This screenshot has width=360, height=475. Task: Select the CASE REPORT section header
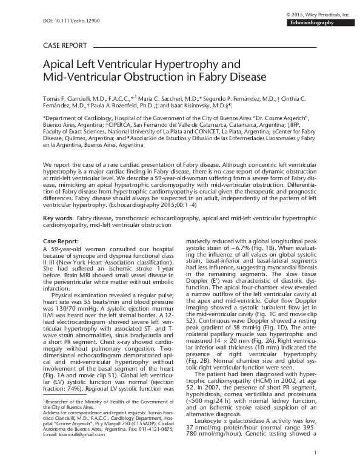click(x=66, y=45)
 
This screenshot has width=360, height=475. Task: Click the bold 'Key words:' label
click(x=58, y=217)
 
